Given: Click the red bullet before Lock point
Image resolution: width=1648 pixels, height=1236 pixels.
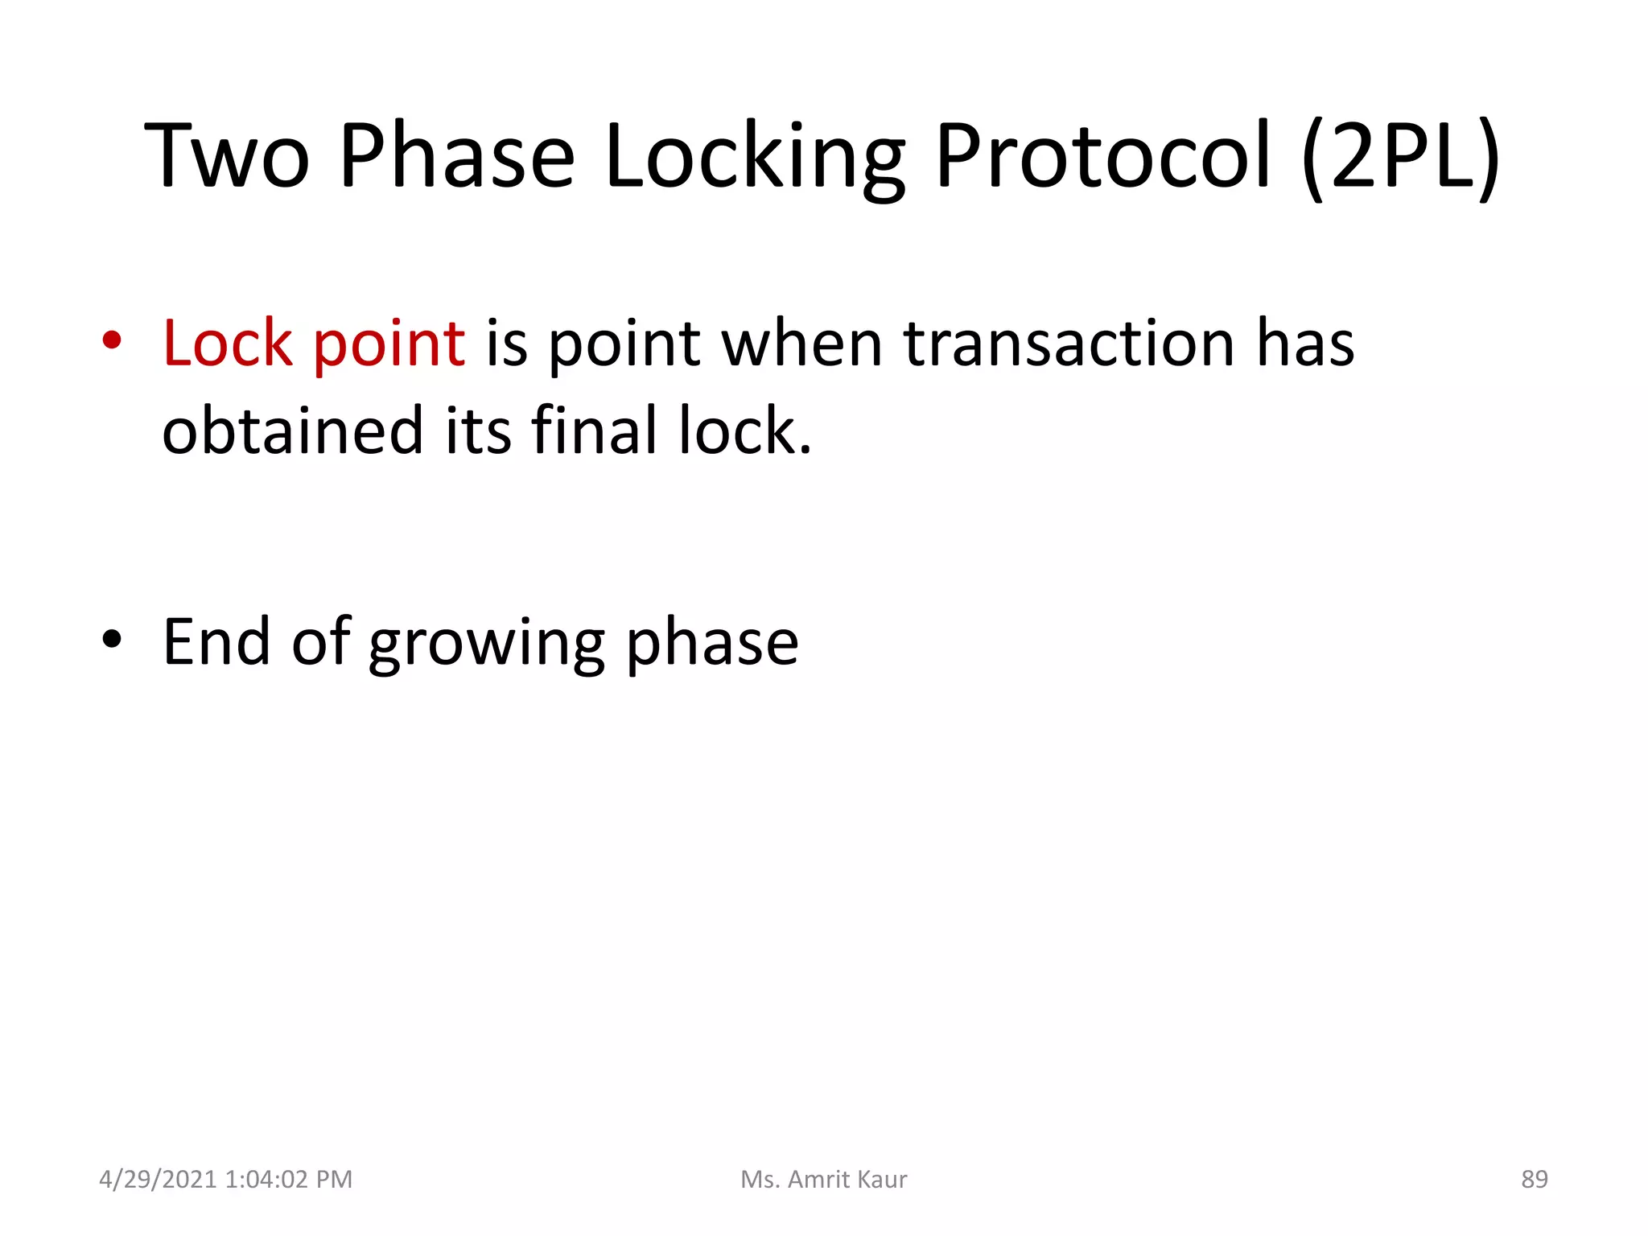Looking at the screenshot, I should pos(112,340).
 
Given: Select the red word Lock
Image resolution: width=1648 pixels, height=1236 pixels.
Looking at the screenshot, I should pos(228,344).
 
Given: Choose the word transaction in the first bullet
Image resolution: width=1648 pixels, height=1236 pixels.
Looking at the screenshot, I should pos(1069,344).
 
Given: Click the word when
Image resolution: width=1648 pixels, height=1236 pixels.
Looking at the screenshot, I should pos(802,344).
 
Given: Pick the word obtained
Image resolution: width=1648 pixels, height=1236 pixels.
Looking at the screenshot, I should pos(292,431).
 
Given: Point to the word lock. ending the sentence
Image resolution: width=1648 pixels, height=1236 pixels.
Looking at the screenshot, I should pos(744,431).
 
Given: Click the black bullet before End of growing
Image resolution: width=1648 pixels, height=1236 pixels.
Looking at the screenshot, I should pos(112,640).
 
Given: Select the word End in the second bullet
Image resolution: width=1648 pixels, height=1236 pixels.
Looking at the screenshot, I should pos(216,642).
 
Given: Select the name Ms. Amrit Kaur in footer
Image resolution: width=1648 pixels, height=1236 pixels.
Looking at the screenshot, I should pos(823,1179).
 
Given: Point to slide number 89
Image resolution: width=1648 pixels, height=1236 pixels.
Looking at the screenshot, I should pos(1534,1179).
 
